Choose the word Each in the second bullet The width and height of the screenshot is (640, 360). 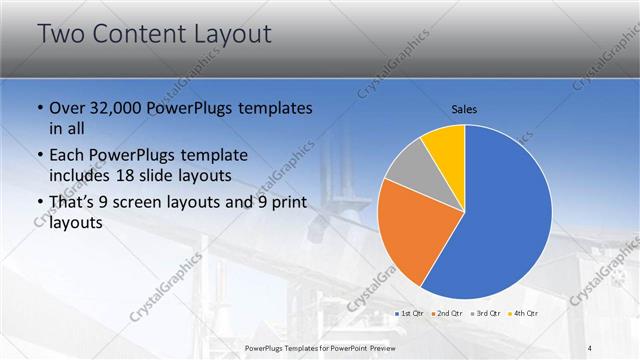[x=68, y=156]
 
